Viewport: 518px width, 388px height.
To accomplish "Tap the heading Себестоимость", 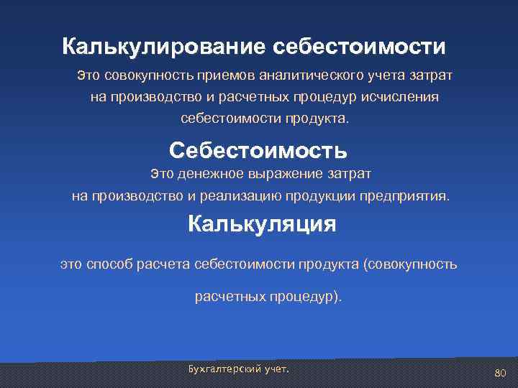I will coord(258,150).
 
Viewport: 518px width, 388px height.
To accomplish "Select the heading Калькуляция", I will coord(262,223).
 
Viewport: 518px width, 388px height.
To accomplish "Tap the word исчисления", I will coord(404,97).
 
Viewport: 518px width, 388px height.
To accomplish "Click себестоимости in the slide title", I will coord(359,47).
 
